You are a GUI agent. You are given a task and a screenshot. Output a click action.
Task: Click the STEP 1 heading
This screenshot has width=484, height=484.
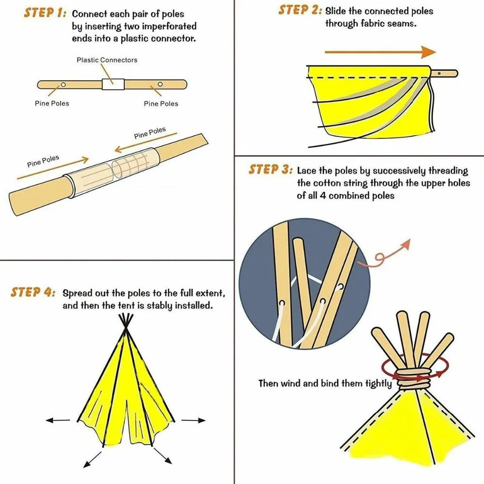click(x=45, y=13)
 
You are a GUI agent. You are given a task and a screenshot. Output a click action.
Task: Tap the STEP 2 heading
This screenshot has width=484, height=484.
click(x=300, y=10)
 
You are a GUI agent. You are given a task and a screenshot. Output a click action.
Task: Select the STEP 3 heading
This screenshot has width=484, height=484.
click(x=271, y=170)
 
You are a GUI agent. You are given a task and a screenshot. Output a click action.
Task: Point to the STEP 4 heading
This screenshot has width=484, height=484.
click(x=33, y=292)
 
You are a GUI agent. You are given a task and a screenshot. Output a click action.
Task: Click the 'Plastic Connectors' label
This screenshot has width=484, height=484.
click(x=107, y=60)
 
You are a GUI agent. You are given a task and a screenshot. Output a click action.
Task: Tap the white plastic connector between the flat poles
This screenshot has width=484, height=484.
click(x=113, y=84)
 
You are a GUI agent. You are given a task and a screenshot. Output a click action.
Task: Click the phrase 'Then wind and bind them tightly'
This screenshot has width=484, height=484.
click(x=325, y=383)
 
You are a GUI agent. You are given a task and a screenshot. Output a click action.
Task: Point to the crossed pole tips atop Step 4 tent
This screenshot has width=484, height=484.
click(x=127, y=321)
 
